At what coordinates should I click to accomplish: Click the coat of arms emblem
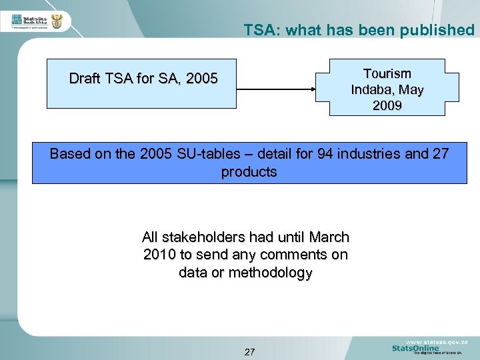57,21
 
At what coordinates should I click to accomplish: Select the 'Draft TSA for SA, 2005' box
141,83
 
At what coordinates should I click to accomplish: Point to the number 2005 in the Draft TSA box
202,79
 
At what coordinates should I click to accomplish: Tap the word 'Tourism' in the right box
387,73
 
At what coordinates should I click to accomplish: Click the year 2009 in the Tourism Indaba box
387,105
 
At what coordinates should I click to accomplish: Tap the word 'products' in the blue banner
249,172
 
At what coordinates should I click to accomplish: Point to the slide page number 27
249,351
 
